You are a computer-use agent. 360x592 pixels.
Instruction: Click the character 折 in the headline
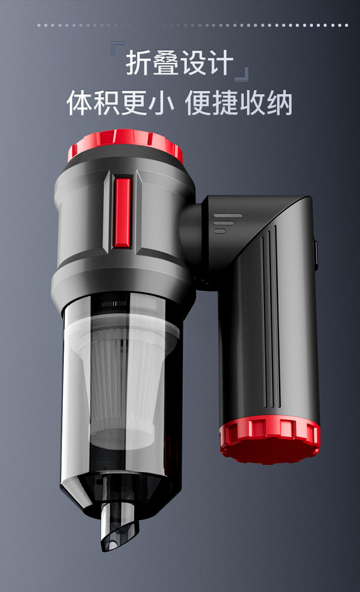[x=139, y=63]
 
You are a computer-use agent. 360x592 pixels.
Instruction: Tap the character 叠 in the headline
[x=166, y=63]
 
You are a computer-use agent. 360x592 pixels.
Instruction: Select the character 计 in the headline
[x=221, y=63]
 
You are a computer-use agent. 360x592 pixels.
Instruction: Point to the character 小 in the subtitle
[x=161, y=103]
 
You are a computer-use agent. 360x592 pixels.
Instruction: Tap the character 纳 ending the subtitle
[x=279, y=103]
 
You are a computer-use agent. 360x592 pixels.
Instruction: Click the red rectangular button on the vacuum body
[x=123, y=213]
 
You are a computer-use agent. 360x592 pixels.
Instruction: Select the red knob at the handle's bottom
[x=270, y=440]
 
